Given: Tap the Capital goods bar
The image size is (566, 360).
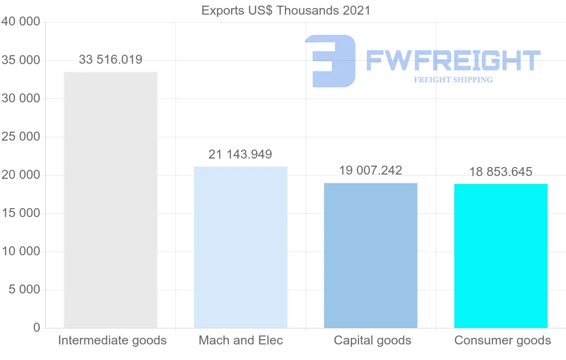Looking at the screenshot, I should pos(371,255).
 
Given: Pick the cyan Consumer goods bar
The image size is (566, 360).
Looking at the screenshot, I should pos(501,256).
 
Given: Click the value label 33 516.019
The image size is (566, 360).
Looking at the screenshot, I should pos(110,60).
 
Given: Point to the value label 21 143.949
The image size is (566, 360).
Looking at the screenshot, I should pos(240,154).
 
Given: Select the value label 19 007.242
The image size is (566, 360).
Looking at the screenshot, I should pos(371,170).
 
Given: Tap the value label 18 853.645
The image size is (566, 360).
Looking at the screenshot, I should pos(501,172).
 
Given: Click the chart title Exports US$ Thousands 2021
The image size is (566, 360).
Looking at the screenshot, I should pos(286,10).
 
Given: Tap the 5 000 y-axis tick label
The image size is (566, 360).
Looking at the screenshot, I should pos(25,289).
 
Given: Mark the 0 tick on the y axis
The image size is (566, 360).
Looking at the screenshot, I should pos(37,327).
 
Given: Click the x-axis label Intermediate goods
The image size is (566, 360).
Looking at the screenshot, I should pos(112,340).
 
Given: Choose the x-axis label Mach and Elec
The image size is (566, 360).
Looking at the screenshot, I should pos(241,340).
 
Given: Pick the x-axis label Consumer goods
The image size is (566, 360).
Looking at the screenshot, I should pos(502,340).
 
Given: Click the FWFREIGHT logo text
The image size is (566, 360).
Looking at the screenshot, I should pos(453,60).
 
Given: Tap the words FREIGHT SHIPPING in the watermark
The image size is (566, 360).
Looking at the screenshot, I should pos(453,80).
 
